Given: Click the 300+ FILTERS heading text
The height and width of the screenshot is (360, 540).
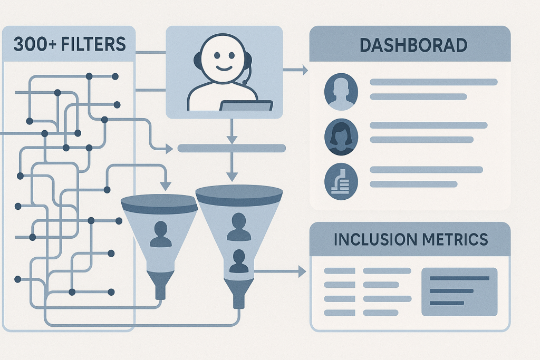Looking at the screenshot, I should click(x=70, y=43).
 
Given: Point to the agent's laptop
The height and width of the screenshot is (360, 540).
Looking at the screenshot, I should click(x=245, y=106).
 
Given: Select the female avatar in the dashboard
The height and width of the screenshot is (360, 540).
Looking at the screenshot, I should click(x=341, y=137).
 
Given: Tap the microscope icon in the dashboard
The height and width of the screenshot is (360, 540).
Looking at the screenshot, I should click(x=341, y=181).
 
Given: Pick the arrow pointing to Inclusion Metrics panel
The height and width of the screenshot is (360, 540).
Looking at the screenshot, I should click(x=301, y=271).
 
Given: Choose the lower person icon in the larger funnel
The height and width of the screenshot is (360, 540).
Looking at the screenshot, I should click(x=238, y=261).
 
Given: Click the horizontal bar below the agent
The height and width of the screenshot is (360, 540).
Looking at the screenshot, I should click(x=232, y=149).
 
